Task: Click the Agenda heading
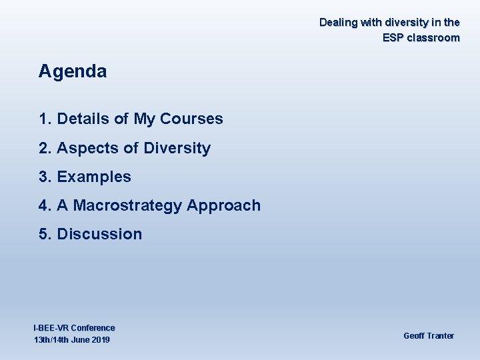[73, 72]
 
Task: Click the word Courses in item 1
[191, 119]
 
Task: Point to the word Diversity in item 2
[177, 149]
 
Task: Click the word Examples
[94, 177]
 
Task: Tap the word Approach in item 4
[224, 206]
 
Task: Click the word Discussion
[99, 235]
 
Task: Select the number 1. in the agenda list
[45, 119]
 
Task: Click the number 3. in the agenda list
[45, 177]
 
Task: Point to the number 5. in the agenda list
[45, 235]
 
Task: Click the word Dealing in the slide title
[338, 23]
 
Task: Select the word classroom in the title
[433, 38]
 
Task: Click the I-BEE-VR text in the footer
[51, 328]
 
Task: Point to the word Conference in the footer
[93, 328]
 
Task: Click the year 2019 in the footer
[100, 341]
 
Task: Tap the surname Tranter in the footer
[439, 336]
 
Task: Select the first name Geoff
[413, 336]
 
